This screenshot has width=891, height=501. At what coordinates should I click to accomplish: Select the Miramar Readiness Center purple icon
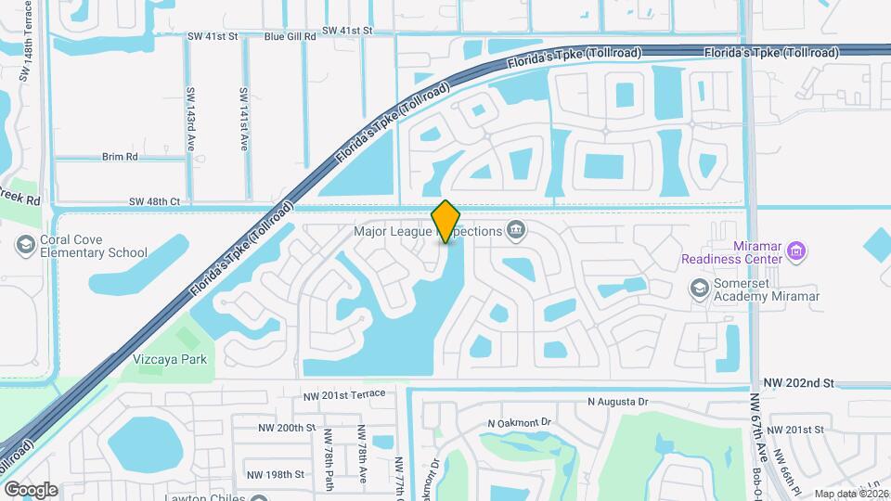(795, 250)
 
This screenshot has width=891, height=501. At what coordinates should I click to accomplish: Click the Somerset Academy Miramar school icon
(698, 288)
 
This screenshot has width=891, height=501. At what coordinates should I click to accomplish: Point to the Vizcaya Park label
(168, 359)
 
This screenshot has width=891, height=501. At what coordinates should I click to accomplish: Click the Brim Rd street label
(120, 157)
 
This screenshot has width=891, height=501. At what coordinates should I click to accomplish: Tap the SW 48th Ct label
(156, 200)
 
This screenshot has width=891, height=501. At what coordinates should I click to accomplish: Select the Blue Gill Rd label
(291, 37)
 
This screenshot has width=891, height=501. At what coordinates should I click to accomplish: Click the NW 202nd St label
(801, 382)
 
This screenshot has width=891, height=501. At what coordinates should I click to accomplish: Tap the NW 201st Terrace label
(343, 396)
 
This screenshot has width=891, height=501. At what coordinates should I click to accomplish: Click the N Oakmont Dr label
(519, 423)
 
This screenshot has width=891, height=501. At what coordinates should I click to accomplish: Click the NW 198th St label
(276, 474)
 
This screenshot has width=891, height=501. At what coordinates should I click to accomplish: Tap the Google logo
(31, 489)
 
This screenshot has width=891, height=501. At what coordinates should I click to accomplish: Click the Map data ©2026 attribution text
(850, 494)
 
